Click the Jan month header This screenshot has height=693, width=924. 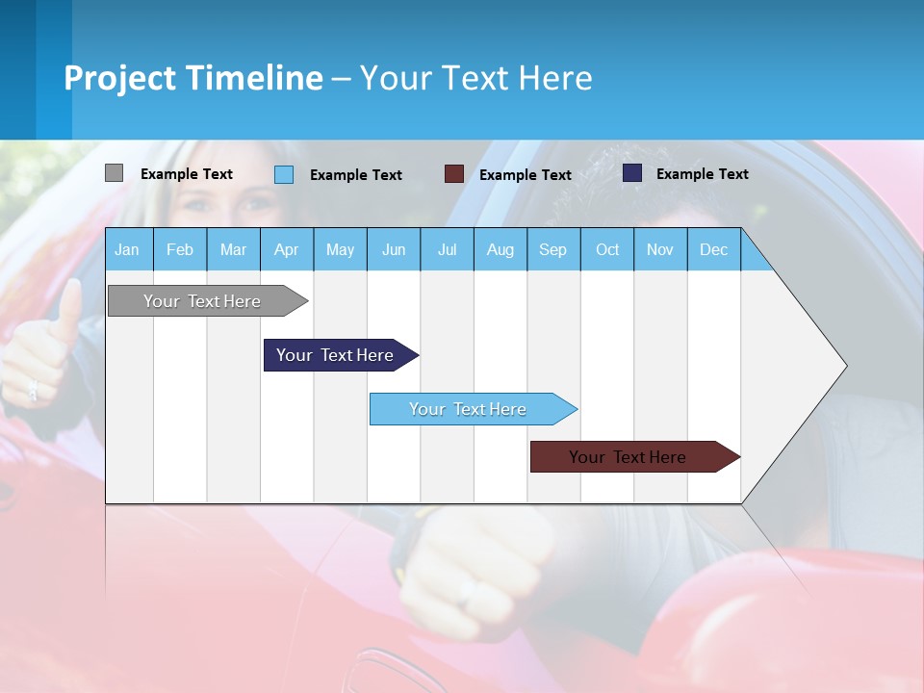coord(127,249)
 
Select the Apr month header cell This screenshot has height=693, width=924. coord(286,249)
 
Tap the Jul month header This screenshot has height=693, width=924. coord(447,249)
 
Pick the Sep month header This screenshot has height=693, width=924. coord(552,249)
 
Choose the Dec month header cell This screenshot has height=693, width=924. coord(713,249)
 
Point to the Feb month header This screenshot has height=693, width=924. coord(180,249)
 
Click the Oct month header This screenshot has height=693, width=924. coord(607,249)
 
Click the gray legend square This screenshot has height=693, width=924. coord(115,173)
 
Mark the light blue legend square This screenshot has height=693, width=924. coord(284,174)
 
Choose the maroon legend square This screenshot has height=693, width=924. coord(454,174)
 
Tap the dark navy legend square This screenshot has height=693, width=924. coord(632,173)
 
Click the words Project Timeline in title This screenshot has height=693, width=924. coord(193,78)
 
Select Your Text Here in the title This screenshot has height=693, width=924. coord(475,78)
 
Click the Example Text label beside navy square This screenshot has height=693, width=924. coord(702,174)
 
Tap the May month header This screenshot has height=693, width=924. coord(340,249)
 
